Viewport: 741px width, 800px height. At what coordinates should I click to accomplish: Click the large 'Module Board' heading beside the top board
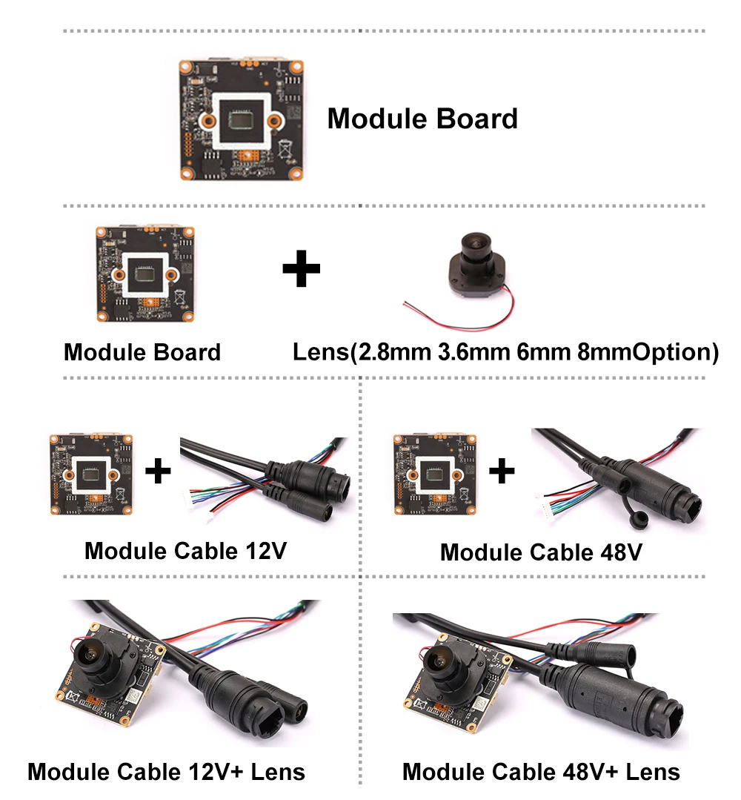pyautogui.click(x=422, y=119)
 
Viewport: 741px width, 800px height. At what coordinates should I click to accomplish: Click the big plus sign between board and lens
pyautogui.click(x=302, y=268)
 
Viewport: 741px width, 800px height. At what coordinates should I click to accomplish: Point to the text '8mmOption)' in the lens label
pyautogui.click(x=648, y=351)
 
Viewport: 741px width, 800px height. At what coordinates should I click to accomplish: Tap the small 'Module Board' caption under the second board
pyautogui.click(x=142, y=351)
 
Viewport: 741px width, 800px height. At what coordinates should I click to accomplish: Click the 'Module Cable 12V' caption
pyautogui.click(x=185, y=551)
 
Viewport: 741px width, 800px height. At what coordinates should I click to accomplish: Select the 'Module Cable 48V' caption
pyautogui.click(x=541, y=552)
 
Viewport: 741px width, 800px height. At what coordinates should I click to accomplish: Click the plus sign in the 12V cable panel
pyautogui.click(x=157, y=471)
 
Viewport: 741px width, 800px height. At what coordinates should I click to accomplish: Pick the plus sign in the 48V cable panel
pyautogui.click(x=502, y=471)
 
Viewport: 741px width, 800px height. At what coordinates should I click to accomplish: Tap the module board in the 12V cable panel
pyautogui.click(x=90, y=475)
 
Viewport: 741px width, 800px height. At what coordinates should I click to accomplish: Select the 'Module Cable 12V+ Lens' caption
pyautogui.click(x=166, y=772)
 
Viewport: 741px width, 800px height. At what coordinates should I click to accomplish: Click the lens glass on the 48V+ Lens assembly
pyautogui.click(x=441, y=658)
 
